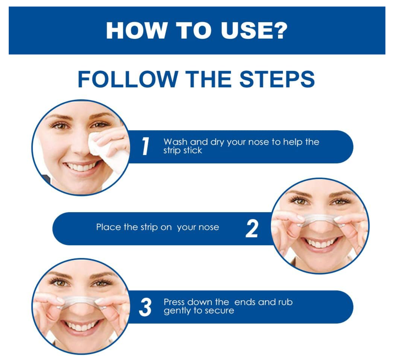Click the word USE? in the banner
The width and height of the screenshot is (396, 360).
click(x=254, y=31)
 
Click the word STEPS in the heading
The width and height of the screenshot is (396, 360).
click(x=277, y=79)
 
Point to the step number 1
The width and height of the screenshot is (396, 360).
click(x=146, y=146)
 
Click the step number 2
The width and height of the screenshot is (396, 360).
click(x=252, y=228)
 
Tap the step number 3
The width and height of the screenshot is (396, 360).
click(x=145, y=307)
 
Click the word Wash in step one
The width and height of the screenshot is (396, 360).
click(x=175, y=142)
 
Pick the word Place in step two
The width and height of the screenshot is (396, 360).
click(x=108, y=227)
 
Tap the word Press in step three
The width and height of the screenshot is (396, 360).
click(x=174, y=302)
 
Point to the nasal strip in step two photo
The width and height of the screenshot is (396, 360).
click(x=320, y=220)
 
